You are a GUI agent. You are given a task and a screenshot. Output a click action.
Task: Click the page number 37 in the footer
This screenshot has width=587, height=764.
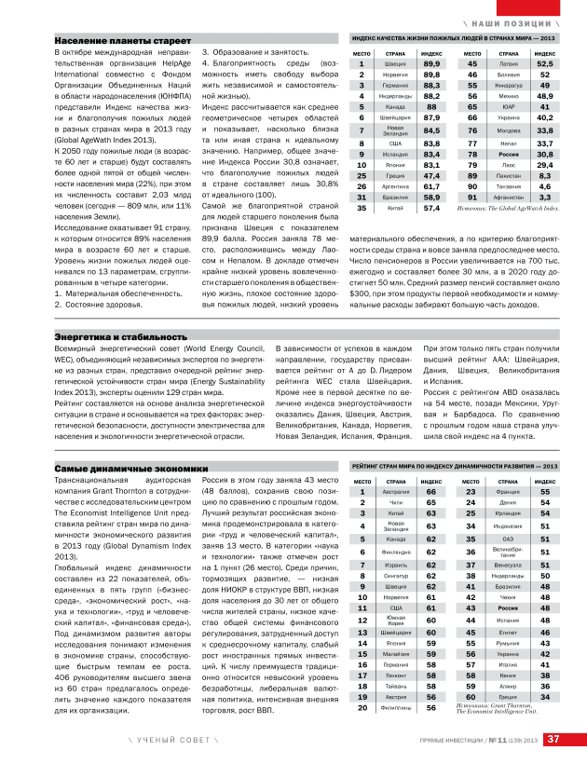(x=553, y=740)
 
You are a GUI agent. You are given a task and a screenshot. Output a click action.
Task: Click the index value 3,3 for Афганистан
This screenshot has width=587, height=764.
(x=544, y=198)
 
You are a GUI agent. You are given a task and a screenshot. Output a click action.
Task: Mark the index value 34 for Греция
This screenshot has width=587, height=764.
(x=545, y=696)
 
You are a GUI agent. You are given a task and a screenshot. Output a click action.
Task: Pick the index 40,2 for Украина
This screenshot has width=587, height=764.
(x=544, y=118)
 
